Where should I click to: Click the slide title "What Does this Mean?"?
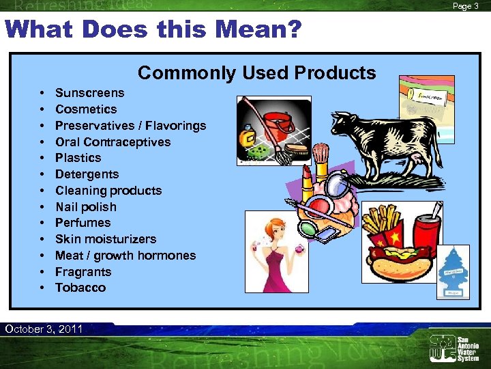coord(153,30)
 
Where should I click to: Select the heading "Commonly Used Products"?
coord(256,73)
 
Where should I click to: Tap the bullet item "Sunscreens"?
coord(89,93)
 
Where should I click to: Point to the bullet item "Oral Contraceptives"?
coord(113,142)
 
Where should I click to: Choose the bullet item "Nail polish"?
coord(85,207)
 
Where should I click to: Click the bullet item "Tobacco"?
coord(80,288)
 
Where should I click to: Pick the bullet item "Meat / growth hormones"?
coord(125,256)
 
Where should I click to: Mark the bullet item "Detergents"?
coord(87,174)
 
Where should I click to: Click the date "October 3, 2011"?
coord(44,329)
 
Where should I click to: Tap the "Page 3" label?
coord(466,6)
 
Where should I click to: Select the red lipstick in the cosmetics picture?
coord(306,185)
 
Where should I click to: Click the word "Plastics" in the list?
coord(78,158)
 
